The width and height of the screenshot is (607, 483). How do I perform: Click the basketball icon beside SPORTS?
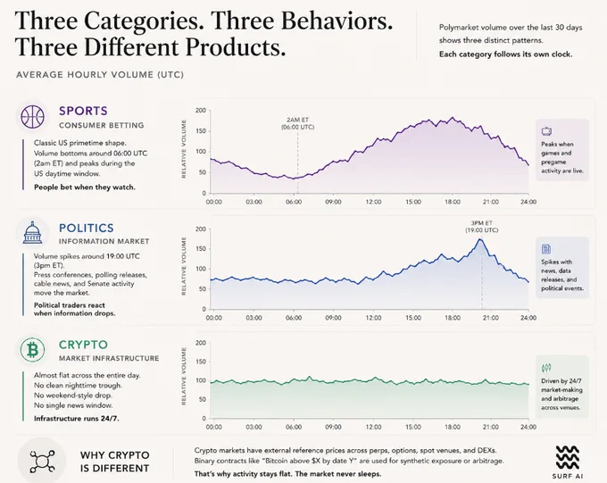click(32, 116)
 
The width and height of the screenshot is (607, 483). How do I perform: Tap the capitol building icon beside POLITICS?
click(32, 232)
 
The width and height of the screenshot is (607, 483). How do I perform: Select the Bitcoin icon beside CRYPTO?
click(32, 350)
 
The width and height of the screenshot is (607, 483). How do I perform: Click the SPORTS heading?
click(83, 111)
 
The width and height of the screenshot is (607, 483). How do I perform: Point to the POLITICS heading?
click(87, 228)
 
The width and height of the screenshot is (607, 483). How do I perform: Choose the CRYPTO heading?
click(83, 345)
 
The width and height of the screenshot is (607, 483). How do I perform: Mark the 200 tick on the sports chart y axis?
click(201, 111)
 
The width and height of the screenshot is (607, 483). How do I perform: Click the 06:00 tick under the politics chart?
click(294, 318)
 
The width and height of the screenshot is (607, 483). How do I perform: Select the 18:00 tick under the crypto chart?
click(453, 427)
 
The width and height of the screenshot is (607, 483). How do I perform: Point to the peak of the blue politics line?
click(480, 239)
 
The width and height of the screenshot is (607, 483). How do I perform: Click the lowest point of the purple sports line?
click(293, 179)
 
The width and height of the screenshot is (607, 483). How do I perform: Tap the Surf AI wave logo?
click(568, 457)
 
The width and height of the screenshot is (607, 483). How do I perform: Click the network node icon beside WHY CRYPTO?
click(42, 461)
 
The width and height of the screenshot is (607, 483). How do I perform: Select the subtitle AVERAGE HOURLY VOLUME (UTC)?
click(100, 75)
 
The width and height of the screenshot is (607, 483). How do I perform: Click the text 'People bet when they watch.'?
click(85, 187)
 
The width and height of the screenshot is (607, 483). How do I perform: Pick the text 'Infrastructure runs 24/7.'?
click(76, 419)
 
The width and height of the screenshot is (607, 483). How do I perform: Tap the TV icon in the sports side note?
click(546, 131)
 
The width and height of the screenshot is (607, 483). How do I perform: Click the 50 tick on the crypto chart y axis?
click(202, 399)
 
